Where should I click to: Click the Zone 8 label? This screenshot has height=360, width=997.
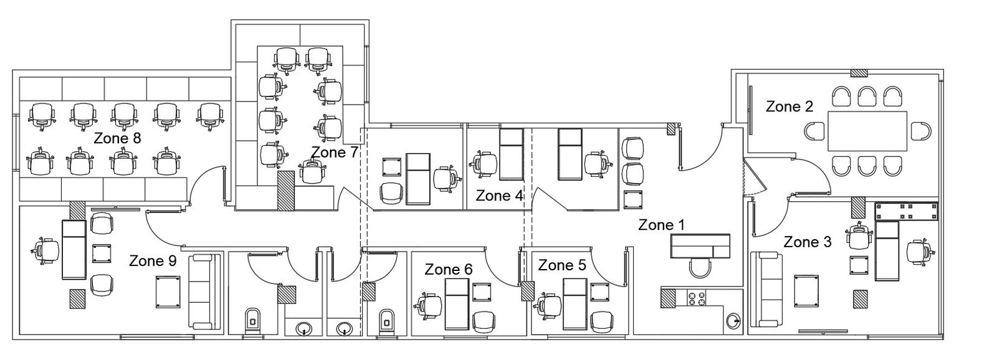pyautogui.click(x=118, y=138)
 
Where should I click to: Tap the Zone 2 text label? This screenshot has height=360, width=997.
pyautogui.click(x=789, y=107)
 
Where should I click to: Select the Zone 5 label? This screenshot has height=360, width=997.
pyautogui.click(x=562, y=265)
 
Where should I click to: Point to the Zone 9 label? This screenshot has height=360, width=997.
pyautogui.click(x=153, y=261)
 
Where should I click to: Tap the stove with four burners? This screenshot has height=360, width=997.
pyautogui.click(x=697, y=298)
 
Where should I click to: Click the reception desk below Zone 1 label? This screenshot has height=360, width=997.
pyautogui.click(x=700, y=246)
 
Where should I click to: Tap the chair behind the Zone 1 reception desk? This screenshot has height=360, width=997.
pyautogui.click(x=700, y=268)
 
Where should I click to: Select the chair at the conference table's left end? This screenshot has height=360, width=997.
pyautogui.click(x=816, y=131)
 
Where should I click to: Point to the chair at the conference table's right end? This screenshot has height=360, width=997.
pyautogui.click(x=920, y=131)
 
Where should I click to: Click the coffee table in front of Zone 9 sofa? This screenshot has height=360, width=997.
pyautogui.click(x=169, y=291)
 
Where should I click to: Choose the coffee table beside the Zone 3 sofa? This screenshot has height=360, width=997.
pyautogui.click(x=806, y=291)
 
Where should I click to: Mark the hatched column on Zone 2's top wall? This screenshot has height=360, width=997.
pyautogui.click(x=859, y=73)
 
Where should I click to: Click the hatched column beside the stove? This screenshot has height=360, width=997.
pyautogui.click(x=669, y=298)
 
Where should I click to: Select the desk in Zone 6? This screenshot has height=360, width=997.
pyautogui.click(x=457, y=305)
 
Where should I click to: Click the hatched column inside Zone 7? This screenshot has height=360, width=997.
pyautogui.click(x=286, y=191)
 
